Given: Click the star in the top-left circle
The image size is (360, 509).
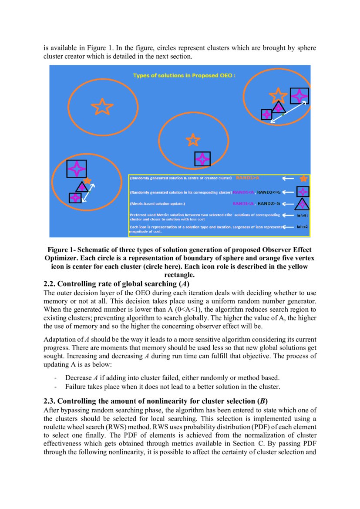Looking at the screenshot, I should (102, 106).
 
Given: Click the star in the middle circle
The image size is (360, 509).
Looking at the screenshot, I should (192, 140).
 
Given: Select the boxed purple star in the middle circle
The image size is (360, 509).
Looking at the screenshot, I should (202, 159).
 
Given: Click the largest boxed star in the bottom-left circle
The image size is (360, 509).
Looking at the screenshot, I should (76, 169).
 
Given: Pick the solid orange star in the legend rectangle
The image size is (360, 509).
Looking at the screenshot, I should (303, 179).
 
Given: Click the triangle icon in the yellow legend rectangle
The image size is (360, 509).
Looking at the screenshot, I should (302, 204).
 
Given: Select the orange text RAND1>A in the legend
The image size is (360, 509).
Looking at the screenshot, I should (248, 178).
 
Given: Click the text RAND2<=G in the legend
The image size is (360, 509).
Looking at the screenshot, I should (269, 192).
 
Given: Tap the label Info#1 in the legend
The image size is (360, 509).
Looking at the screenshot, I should (302, 216).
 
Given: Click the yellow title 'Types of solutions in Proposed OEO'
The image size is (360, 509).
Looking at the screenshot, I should (184, 75).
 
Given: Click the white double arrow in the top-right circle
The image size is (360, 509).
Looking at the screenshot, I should (288, 112).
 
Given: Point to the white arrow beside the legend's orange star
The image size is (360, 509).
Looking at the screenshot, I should (288, 179).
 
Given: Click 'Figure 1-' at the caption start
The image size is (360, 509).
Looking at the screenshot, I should (61, 250).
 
